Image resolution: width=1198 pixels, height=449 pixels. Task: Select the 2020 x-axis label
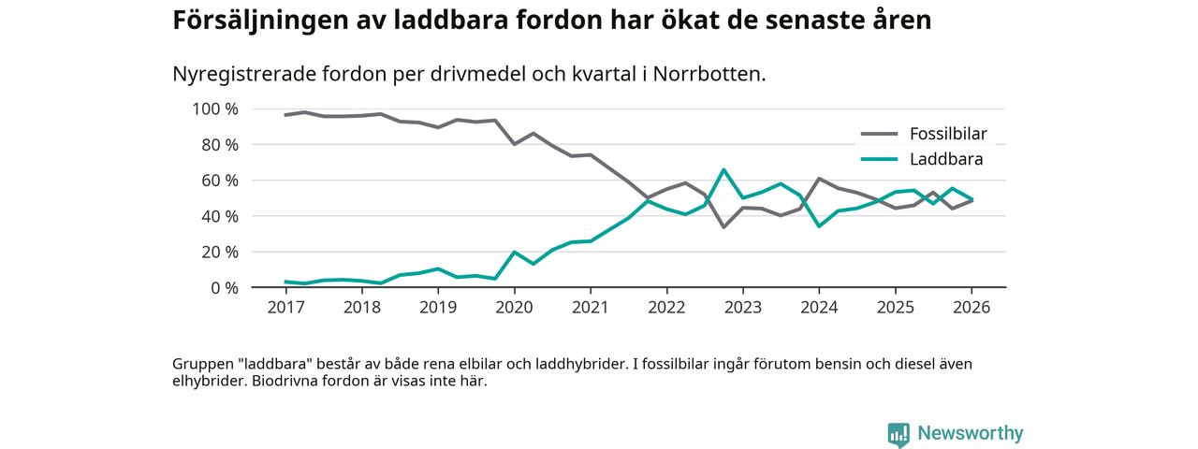tap(514, 307)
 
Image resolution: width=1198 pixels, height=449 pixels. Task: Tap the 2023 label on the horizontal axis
tap(742, 307)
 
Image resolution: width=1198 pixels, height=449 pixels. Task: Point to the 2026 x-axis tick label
tap(972, 307)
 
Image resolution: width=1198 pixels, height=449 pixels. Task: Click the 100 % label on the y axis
tap(215, 109)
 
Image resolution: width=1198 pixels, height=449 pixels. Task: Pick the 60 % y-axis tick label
tap(219, 181)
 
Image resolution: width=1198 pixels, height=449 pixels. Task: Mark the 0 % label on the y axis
tap(224, 288)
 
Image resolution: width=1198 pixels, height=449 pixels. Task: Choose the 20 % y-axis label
tap(219, 253)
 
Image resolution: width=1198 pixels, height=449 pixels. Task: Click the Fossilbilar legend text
tap(948, 133)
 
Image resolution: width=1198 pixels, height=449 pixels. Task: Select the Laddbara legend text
tap(945, 159)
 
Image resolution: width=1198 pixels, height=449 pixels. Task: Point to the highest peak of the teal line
tap(723, 169)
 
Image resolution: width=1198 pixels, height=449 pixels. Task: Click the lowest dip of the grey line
tap(723, 226)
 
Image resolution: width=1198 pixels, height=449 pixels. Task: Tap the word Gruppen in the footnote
tap(202, 364)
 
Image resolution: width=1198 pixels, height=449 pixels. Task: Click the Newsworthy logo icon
tap(898, 434)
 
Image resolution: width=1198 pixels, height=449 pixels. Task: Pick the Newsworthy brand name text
tap(970, 433)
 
